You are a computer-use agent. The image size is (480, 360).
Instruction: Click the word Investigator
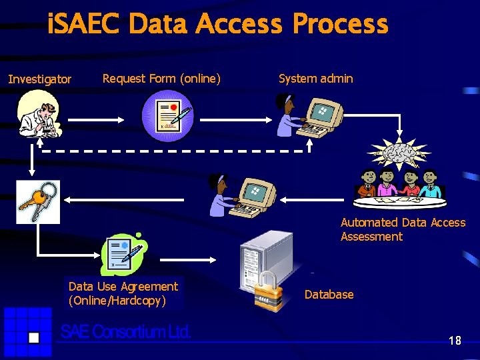39,80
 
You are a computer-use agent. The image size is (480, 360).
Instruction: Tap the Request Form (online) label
161,79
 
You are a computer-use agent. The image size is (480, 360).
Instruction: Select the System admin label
315,79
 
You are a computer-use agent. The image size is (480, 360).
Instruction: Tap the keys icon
38,201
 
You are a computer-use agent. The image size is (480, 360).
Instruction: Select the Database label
329,295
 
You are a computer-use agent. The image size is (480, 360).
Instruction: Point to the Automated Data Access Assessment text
403,229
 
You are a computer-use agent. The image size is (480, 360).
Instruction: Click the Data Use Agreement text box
123,294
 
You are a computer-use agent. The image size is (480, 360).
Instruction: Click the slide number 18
455,341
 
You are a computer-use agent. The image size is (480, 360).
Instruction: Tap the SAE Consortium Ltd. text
126,332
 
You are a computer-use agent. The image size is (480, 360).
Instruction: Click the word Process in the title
340,25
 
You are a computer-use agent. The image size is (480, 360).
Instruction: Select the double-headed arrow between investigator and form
96,120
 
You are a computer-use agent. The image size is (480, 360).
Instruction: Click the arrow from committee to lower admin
313,198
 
